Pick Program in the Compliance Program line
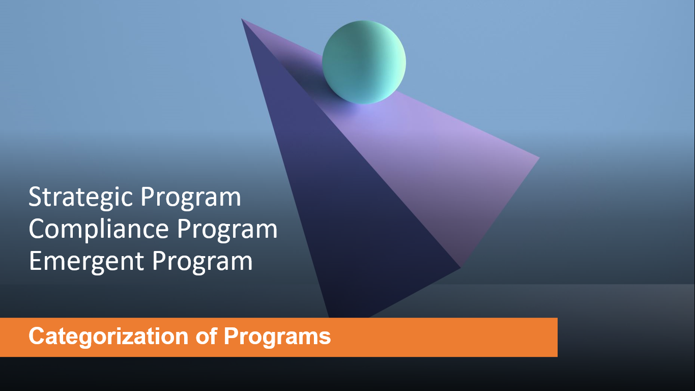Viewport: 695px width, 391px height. point(227,230)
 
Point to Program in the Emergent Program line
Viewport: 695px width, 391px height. point(202,262)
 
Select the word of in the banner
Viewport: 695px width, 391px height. point(206,337)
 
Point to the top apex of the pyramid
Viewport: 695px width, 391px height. point(242,19)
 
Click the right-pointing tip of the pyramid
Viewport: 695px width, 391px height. point(538,158)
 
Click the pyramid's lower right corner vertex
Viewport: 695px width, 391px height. point(460,267)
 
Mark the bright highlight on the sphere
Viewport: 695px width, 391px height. point(397,61)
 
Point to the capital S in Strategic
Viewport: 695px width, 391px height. point(35,198)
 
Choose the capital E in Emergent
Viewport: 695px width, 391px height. point(36,262)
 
